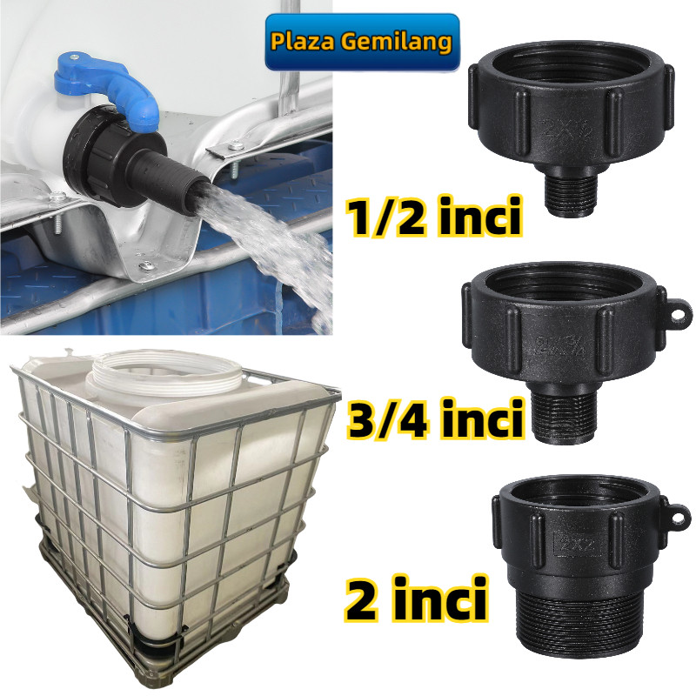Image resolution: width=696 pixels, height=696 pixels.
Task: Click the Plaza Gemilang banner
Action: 362,42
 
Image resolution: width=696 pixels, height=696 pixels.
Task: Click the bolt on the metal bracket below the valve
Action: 147,264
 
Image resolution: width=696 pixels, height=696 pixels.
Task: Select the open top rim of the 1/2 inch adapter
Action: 570,63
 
